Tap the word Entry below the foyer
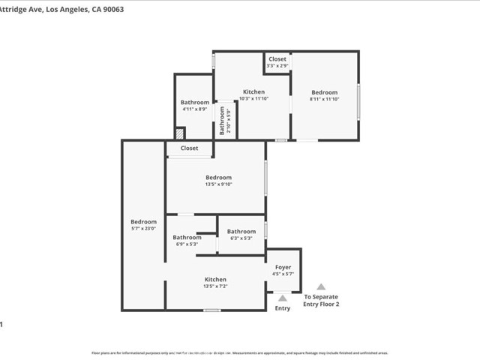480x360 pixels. (283, 308)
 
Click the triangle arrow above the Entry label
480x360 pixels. (283, 298)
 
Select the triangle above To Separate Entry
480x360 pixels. (321, 286)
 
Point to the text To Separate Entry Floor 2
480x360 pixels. (321, 301)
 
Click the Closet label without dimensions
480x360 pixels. (189, 148)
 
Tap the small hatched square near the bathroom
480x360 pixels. (179, 133)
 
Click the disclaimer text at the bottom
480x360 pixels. (240, 352)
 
